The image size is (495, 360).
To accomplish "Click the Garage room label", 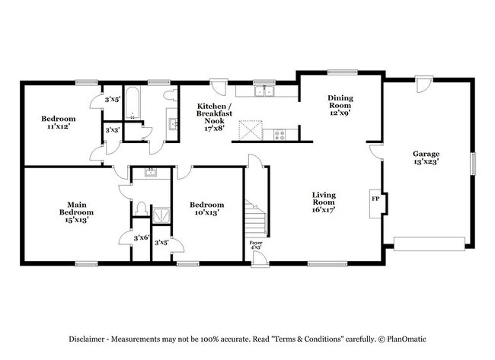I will (x=425, y=157).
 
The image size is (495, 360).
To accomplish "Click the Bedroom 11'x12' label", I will (x=59, y=123).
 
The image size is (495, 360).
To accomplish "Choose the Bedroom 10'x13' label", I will (x=207, y=209).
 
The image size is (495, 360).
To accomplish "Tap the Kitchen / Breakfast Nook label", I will (x=211, y=118).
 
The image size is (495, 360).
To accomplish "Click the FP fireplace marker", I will (x=375, y=199).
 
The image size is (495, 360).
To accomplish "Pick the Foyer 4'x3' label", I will (x=257, y=245).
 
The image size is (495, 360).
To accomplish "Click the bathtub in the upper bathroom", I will (x=133, y=108).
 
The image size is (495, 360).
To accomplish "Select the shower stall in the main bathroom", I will (x=161, y=215).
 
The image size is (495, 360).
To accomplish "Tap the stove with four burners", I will (x=279, y=134).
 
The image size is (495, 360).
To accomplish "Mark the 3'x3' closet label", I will (x=112, y=131).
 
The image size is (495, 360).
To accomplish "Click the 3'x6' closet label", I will (x=140, y=239).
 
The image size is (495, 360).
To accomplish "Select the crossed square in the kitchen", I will (x=249, y=131).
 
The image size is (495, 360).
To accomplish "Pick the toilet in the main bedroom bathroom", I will (x=140, y=207).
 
